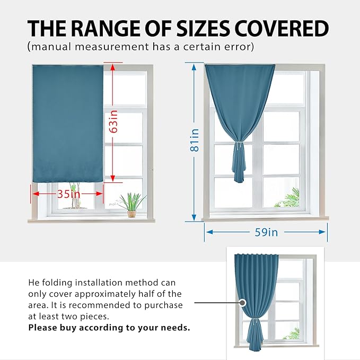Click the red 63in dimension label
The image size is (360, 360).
(x=113, y=121)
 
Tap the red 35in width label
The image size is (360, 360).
(x=69, y=194)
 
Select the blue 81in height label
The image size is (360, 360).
(x=195, y=140)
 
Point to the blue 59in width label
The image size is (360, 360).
(x=266, y=232)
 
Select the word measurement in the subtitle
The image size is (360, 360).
(x=112, y=47)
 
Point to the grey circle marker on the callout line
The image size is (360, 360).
(x=242, y=303)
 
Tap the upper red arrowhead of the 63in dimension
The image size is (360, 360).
(x=112, y=67)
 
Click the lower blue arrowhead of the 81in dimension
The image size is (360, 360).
(x=194, y=217)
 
